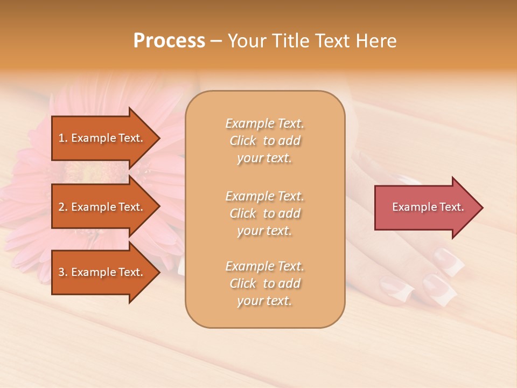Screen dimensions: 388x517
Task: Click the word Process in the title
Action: [x=169, y=41]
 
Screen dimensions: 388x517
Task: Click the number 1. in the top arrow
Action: [x=63, y=138]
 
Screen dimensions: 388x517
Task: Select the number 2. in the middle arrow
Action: [x=63, y=207]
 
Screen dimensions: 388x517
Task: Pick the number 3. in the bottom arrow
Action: [x=63, y=273]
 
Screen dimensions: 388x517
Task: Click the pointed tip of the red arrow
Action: [x=482, y=207]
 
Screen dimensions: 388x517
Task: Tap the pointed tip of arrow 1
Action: [x=159, y=138]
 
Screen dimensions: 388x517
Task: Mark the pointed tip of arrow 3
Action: [x=159, y=273]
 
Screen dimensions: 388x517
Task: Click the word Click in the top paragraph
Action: [x=242, y=141]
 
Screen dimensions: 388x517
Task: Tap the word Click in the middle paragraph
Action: [x=242, y=214]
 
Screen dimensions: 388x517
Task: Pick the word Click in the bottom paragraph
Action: [x=242, y=284]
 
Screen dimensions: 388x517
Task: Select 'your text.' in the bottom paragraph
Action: [x=264, y=301]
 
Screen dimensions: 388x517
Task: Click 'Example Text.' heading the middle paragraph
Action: [x=264, y=196]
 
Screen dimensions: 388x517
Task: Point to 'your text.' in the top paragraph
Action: [x=264, y=158]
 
